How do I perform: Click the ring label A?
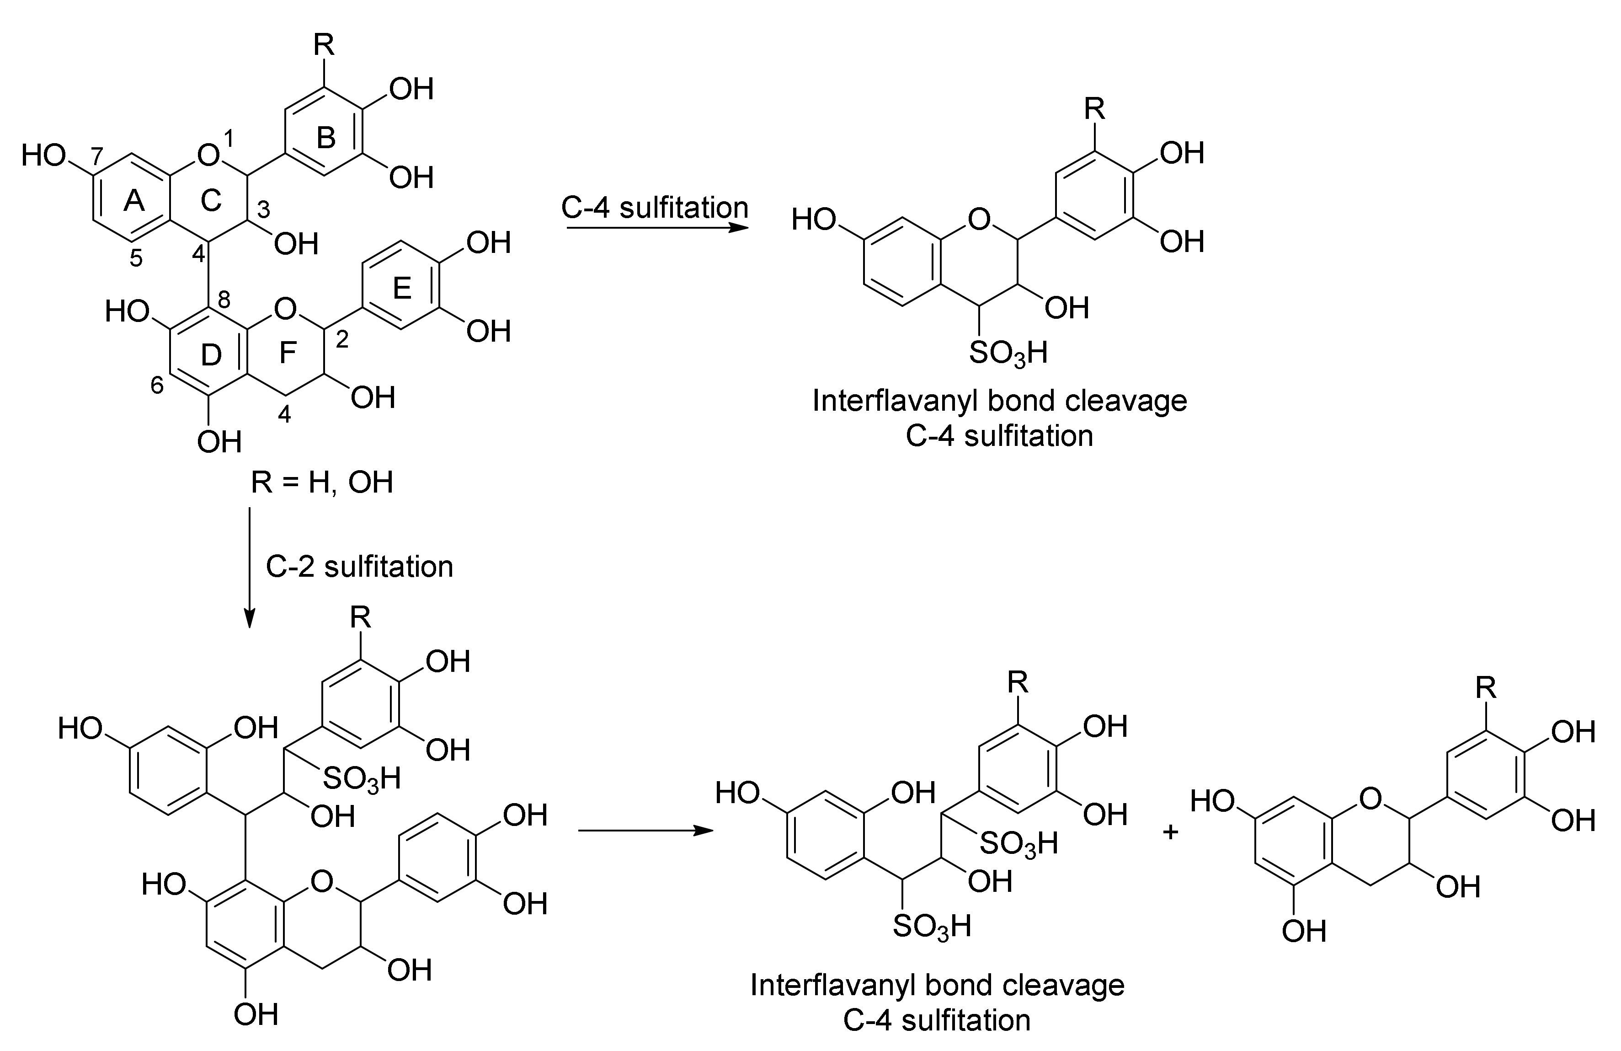click(135, 200)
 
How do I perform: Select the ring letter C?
click(212, 200)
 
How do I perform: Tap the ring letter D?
click(212, 355)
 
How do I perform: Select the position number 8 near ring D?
click(224, 299)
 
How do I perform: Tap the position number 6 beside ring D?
click(157, 386)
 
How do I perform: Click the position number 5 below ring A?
click(136, 258)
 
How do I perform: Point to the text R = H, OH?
click(322, 483)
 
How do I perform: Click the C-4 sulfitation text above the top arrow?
click(655, 207)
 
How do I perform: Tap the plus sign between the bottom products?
click(1170, 831)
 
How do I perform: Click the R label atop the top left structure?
click(324, 46)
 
